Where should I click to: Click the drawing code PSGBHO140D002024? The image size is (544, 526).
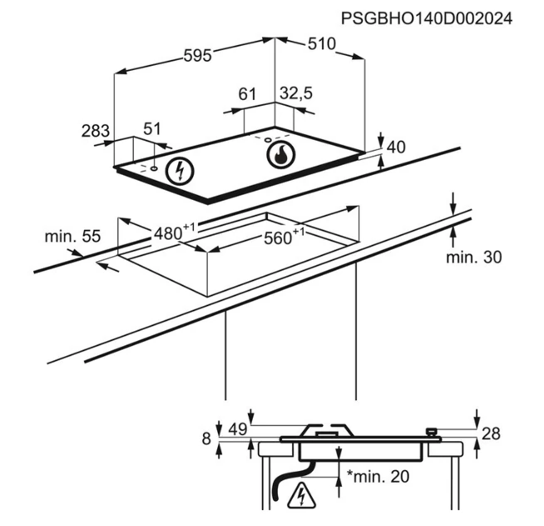click(x=427, y=18)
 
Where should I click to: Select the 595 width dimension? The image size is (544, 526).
click(x=197, y=55)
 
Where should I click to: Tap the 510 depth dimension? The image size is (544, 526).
click(x=322, y=44)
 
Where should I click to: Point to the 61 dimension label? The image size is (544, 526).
click(x=247, y=94)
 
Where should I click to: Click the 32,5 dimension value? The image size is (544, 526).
click(x=296, y=93)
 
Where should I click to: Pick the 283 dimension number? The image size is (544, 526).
click(x=96, y=131)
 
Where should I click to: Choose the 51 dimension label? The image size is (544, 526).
click(x=152, y=129)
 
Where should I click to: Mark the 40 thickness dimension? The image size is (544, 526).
click(x=396, y=147)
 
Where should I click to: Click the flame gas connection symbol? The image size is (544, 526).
click(x=281, y=154)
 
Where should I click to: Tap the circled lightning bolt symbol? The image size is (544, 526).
click(x=180, y=171)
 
